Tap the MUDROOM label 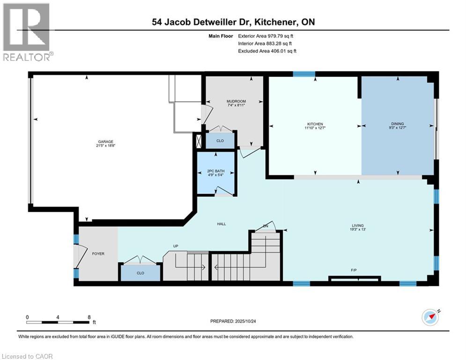coord(236,101)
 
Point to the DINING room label coord(397,124)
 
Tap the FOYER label coord(98,254)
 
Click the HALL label coord(222,224)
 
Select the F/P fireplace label coord(354,271)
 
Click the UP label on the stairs coord(176,246)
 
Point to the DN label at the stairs coord(265,226)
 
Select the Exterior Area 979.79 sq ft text coord(267,35)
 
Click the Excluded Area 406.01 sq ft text coord(267,51)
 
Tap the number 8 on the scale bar coord(89,317)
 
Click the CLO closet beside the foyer coord(140,273)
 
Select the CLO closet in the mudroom coord(220,140)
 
